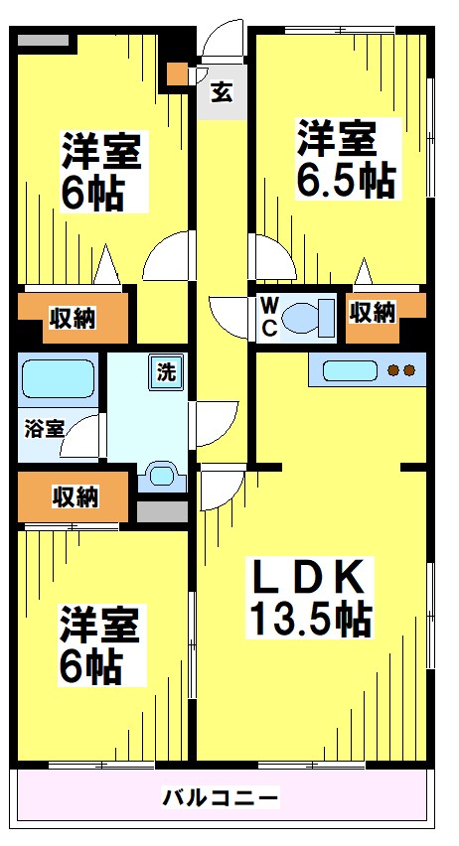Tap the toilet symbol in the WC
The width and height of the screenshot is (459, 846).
point(303,318)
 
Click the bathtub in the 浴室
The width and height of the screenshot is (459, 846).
point(57,378)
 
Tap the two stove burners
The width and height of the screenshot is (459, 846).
point(400,371)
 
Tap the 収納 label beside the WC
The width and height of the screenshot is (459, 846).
point(373,312)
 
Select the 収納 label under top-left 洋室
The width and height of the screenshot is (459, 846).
point(73,318)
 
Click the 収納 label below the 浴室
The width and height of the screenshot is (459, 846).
point(76,495)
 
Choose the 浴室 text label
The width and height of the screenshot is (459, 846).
point(43,429)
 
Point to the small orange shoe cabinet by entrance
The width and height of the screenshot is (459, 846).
point(176,73)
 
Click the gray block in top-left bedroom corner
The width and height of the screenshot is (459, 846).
point(46,40)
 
